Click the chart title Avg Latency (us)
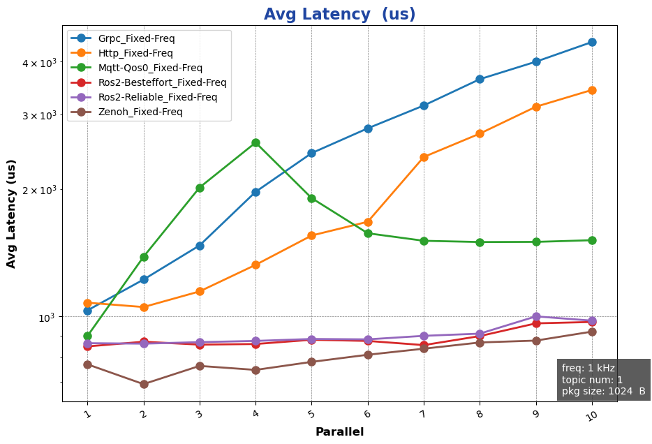pyautogui.click(x=339, y=15)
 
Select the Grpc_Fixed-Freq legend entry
pyautogui.click(x=136, y=38)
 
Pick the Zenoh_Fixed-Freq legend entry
pyautogui.click(x=140, y=112)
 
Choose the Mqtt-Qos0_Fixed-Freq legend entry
pyautogui.click(x=150, y=68)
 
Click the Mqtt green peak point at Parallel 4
pyautogui.click(x=255, y=142)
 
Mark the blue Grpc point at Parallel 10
pyautogui.click(x=592, y=42)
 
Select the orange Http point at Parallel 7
pyautogui.click(x=424, y=157)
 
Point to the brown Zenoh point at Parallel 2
pyautogui.click(x=144, y=384)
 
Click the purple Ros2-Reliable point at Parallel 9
pyautogui.click(x=536, y=316)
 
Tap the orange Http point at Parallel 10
pyautogui.click(x=592, y=90)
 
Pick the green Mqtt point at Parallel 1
pyautogui.click(x=87, y=336)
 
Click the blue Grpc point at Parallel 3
pyautogui.click(x=200, y=246)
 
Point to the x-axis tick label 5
pyautogui.click(x=311, y=414)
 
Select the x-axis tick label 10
pyautogui.click(x=591, y=415)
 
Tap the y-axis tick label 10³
pyautogui.click(x=45, y=317)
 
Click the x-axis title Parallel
pyautogui.click(x=339, y=432)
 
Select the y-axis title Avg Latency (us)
pyautogui.click(x=12, y=214)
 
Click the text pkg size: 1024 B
pyautogui.click(x=603, y=391)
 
